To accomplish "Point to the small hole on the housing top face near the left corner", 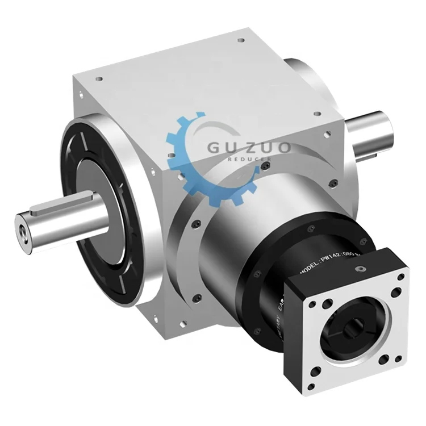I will pyautogui.click(x=99, y=80).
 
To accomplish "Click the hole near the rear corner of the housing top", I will pyautogui.click(x=241, y=41).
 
